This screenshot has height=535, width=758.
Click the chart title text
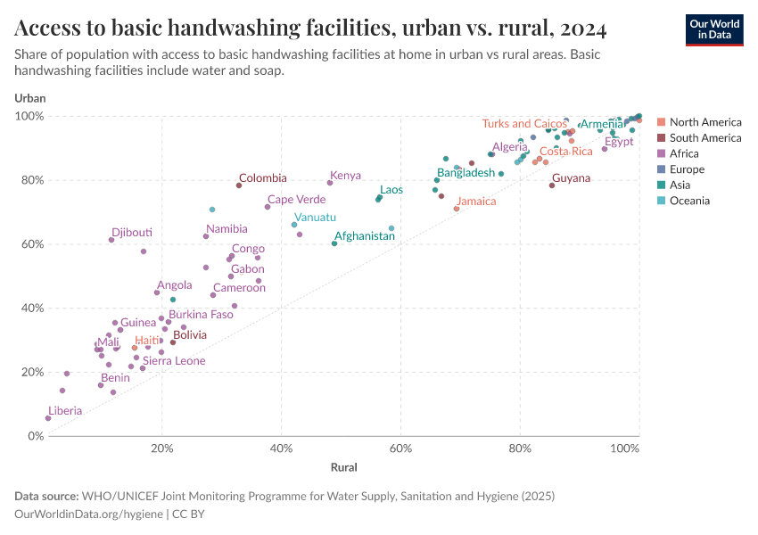311,29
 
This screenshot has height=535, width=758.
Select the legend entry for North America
704,122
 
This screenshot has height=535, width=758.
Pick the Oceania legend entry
689,201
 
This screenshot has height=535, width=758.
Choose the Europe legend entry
687,169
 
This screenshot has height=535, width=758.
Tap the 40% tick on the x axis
281,449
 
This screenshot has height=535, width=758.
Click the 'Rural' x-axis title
343,467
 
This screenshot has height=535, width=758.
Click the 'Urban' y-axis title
30,97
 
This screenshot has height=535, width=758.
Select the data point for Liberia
48,417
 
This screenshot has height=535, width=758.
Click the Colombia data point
239,185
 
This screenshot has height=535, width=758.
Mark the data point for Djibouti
111,240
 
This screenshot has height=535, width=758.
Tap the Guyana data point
552,185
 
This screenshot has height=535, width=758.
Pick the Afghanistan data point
334,243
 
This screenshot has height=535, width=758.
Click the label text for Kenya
345,176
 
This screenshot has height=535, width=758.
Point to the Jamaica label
476,202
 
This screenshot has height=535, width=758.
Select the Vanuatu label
315,218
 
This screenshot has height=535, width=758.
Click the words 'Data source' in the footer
45,496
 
